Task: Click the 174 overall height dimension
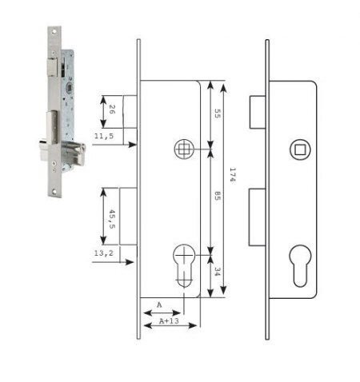233,175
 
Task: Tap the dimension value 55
218,113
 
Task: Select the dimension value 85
218,196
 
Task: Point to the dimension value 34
218,272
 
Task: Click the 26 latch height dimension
112,109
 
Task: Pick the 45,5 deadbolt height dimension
112,219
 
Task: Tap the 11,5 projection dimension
104,136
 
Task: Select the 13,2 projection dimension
104,253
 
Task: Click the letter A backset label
159,304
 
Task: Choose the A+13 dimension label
169,321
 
